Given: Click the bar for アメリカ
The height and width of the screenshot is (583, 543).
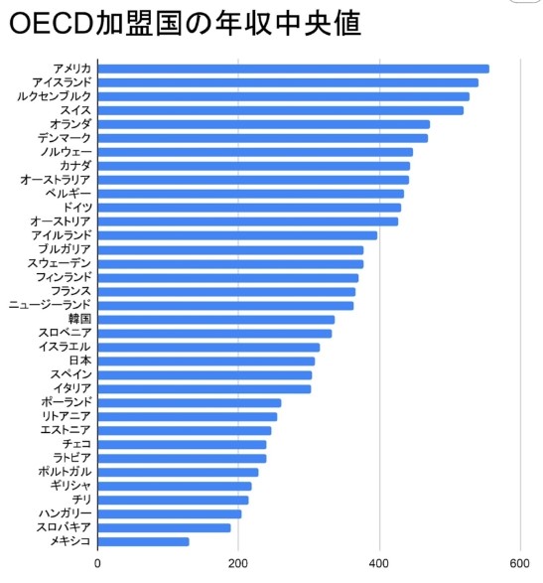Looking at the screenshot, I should (294, 69).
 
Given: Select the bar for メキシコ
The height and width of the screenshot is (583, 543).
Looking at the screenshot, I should (144, 541).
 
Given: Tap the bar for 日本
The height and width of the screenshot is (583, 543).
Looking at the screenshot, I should (206, 361).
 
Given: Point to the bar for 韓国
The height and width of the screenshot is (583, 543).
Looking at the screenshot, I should (216, 319).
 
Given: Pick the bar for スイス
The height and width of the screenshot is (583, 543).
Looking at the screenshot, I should (281, 110).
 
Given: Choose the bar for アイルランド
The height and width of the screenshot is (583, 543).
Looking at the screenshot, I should (238, 235).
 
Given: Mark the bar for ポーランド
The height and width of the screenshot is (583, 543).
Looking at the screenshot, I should (190, 402).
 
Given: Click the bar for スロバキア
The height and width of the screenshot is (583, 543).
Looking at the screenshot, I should (165, 527).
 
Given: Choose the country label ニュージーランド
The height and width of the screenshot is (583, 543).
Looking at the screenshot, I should (50, 305).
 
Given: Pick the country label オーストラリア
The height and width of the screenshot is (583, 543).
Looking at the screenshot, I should (56, 180).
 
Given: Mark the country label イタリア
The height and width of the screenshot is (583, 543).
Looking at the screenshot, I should (70, 388).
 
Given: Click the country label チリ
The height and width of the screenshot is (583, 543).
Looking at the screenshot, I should (82, 500).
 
